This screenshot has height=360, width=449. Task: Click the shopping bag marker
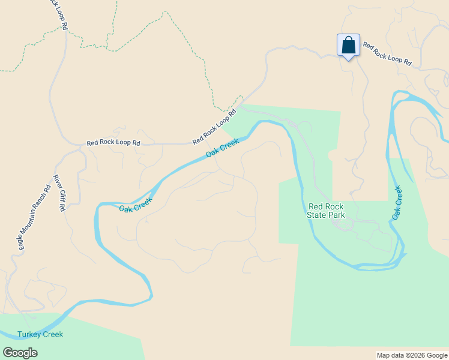(348, 46)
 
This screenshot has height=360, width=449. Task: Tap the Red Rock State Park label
(326, 210)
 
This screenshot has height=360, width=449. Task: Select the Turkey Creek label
(40, 334)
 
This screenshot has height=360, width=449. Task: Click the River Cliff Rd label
(59, 193)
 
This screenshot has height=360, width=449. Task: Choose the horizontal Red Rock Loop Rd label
(113, 143)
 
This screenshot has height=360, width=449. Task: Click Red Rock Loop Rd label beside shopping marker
(387, 54)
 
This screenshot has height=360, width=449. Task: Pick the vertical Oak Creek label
(397, 202)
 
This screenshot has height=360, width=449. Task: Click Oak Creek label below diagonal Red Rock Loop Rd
(223, 148)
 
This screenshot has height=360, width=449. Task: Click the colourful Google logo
(20, 353)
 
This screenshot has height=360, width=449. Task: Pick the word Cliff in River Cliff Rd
(59, 194)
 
